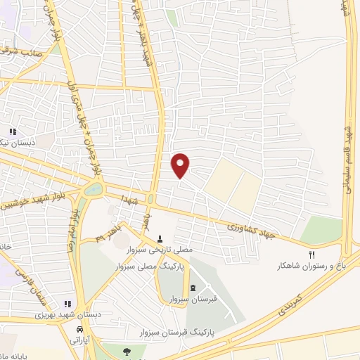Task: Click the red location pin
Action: coord(181,165)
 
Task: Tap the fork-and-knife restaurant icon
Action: coord(313,255)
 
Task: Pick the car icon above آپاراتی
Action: coord(81,329)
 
